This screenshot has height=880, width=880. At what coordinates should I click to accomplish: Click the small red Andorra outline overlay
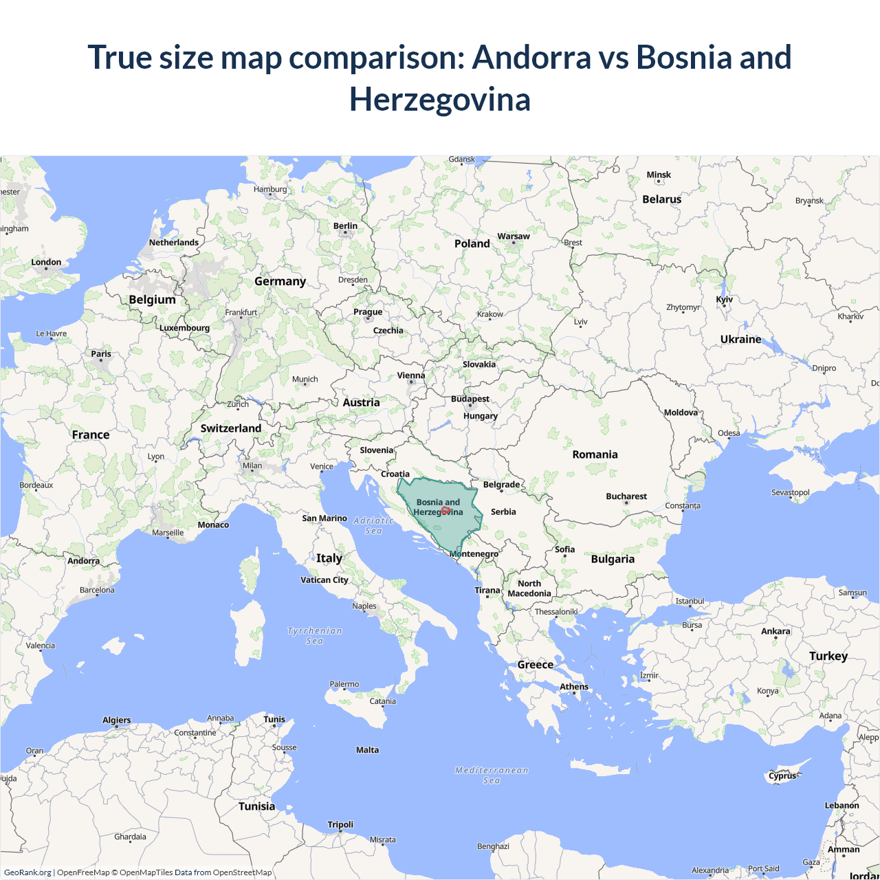click(445, 511)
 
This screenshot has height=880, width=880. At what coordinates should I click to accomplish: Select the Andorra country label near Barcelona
click(83, 561)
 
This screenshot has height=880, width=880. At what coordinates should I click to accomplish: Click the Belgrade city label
click(501, 485)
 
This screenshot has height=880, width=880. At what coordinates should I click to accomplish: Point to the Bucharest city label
click(626, 496)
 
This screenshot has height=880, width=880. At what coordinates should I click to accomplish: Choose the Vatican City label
click(324, 580)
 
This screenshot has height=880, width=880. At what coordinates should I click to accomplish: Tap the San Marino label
click(324, 518)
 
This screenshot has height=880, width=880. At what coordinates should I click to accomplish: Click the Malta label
click(367, 750)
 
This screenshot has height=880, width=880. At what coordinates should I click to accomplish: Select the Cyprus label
click(782, 776)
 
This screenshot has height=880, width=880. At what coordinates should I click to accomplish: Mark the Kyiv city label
click(724, 300)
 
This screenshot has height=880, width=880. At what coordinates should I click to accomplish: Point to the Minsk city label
click(659, 175)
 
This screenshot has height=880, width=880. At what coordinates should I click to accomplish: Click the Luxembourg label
click(184, 328)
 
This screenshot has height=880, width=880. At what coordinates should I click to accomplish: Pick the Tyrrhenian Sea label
click(314, 636)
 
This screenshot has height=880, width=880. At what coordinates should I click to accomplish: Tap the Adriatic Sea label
click(373, 526)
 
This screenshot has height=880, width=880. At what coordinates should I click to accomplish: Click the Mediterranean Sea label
click(492, 775)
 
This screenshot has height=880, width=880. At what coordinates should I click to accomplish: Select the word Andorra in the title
click(531, 57)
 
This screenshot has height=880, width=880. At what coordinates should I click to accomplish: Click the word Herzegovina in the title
click(440, 99)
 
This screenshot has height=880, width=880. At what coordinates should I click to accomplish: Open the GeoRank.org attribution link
click(27, 872)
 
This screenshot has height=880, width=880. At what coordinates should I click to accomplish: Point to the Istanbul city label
click(690, 601)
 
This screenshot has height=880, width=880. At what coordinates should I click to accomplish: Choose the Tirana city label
click(487, 591)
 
